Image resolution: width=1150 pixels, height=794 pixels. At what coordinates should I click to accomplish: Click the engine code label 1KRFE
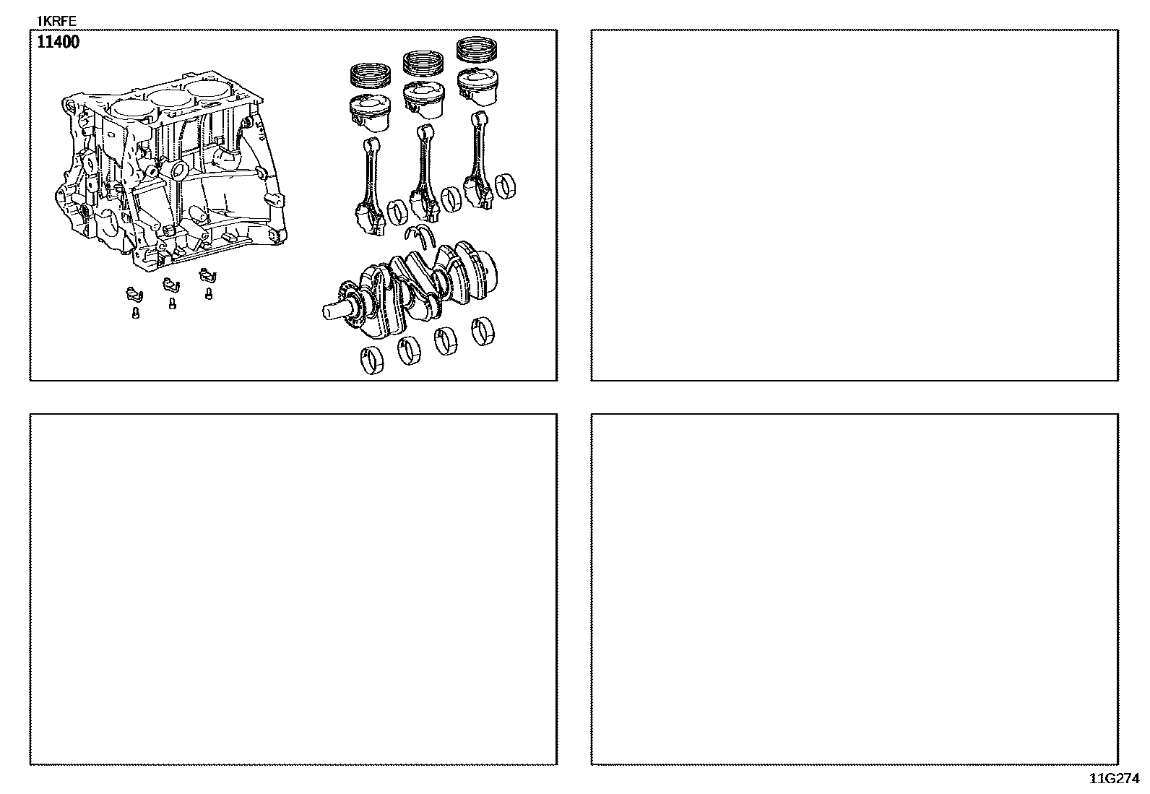pyautogui.click(x=56, y=21)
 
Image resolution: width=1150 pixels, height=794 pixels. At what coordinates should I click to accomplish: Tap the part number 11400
pyautogui.click(x=58, y=42)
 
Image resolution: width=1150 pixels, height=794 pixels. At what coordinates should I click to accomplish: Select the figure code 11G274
pyautogui.click(x=1114, y=779)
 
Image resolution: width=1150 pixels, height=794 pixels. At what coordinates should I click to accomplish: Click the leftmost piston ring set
pyautogui.click(x=370, y=75)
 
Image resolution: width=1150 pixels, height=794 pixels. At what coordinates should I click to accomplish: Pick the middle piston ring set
pyautogui.click(x=423, y=63)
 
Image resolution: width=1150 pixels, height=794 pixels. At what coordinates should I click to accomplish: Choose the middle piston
pyautogui.click(x=423, y=100)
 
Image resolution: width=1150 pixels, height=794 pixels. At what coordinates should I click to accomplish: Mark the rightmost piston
pyautogui.click(x=477, y=88)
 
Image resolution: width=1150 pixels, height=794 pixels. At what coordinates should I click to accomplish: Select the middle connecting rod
pyautogui.click(x=424, y=175)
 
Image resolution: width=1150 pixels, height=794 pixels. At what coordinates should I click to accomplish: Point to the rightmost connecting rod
pyautogui.click(x=478, y=161)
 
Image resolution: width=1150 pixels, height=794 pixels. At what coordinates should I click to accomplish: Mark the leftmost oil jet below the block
pyautogui.click(x=134, y=294)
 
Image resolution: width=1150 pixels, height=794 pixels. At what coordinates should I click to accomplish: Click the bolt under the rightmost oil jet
pyautogui.click(x=209, y=294)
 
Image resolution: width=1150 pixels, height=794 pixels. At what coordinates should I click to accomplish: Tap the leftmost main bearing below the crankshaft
pyautogui.click(x=372, y=361)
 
